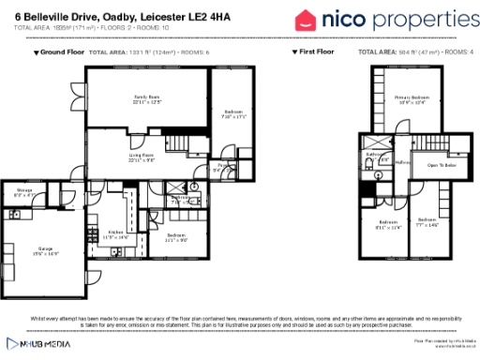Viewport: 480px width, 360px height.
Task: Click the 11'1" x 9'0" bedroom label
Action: (x=176, y=236)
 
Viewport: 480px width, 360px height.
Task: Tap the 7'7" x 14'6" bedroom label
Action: (x=427, y=224)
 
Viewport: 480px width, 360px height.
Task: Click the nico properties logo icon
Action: (x=307, y=20)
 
